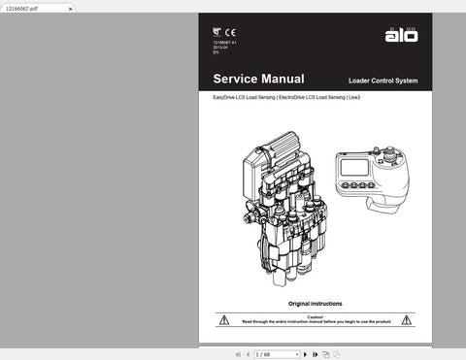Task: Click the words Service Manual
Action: pos(258,79)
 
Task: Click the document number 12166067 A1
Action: pos(224,44)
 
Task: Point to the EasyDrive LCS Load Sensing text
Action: pos(244,97)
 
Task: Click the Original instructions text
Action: pos(315,304)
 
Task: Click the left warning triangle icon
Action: pos(224,319)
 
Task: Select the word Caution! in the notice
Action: pos(315,316)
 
